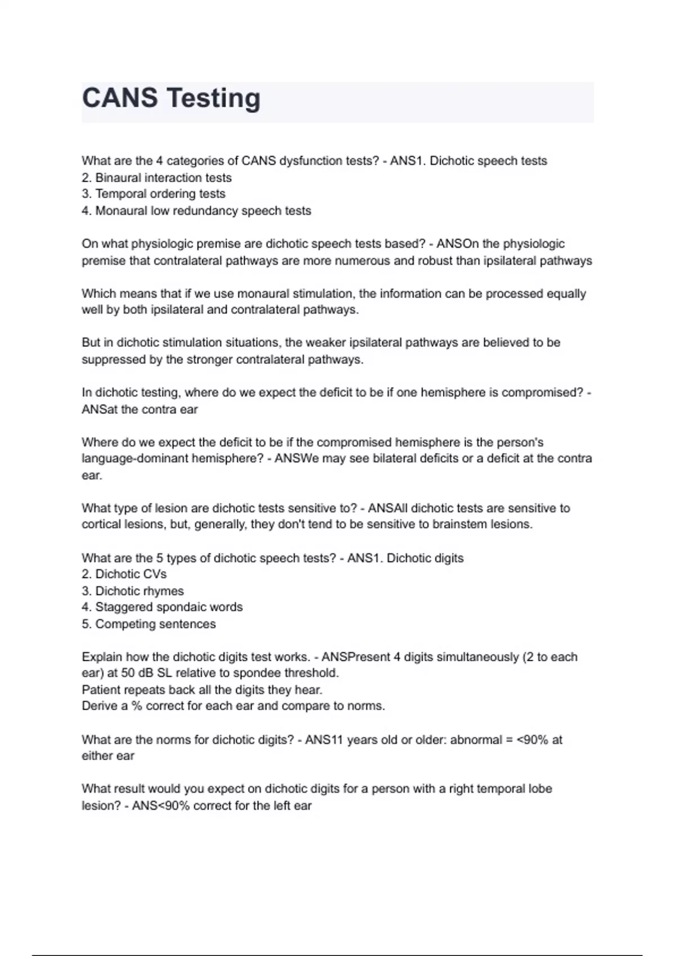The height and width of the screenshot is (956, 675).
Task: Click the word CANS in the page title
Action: click(x=120, y=98)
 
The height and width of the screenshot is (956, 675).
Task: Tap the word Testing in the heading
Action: click(x=214, y=99)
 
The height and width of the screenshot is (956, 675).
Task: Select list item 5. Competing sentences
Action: click(x=149, y=624)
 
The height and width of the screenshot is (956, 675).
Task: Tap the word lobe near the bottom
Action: click(x=539, y=788)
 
